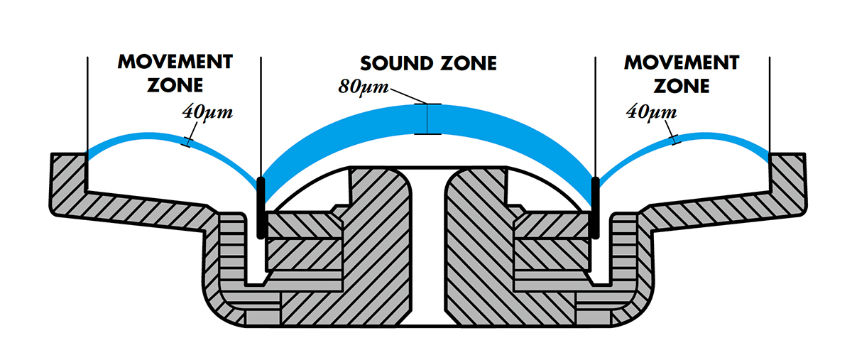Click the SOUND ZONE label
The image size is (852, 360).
(427, 63)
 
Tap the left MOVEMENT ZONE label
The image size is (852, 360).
(174, 74)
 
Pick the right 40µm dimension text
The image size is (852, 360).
(651, 111)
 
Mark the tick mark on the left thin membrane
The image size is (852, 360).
(187, 142)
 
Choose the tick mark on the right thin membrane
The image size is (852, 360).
(673, 142)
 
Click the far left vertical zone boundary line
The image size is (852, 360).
(87, 99)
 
